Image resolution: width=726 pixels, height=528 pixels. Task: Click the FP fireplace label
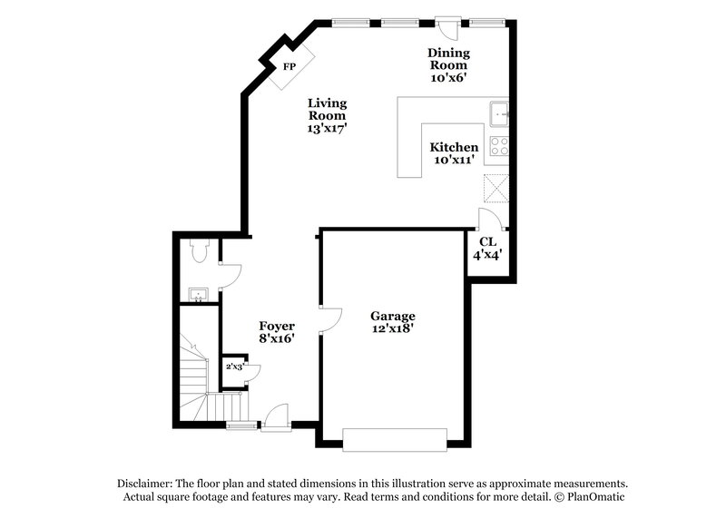click(x=289, y=68)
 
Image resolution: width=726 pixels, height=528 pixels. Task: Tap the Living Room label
click(x=327, y=115)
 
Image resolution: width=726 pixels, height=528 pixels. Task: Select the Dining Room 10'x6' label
click(x=448, y=65)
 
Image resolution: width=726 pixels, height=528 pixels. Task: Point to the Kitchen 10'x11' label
click(x=454, y=153)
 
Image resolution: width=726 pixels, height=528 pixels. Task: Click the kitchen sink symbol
click(x=498, y=114)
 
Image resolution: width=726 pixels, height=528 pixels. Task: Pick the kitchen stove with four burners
click(x=498, y=146)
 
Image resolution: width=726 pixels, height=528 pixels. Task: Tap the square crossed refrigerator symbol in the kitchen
click(x=495, y=188)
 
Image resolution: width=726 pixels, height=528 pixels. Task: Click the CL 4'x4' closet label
click(x=487, y=249)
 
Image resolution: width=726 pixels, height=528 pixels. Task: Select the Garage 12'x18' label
click(x=393, y=322)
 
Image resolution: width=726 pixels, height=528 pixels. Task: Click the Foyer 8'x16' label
click(x=277, y=331)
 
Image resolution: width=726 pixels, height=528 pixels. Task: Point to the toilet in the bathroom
click(x=201, y=253)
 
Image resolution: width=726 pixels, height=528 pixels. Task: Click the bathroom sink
click(x=197, y=294)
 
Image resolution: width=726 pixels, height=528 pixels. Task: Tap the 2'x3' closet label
click(x=235, y=367)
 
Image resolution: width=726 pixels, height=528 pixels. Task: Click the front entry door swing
click(x=277, y=416)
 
